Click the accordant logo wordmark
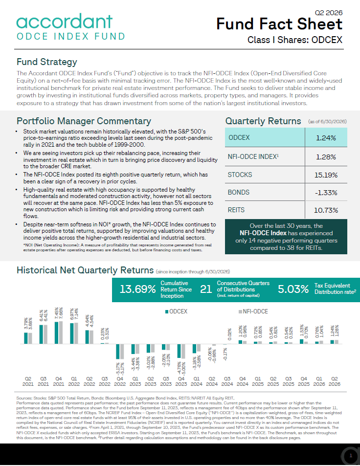[65, 21]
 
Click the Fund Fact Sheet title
[279, 24]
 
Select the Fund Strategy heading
[46, 62]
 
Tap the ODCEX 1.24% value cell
[326, 138]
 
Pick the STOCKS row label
[240, 175]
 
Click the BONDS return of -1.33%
[326, 193]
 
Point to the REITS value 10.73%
[326, 210]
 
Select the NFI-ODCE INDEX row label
[253, 156]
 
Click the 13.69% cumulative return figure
[137, 289]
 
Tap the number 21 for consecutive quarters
[206, 289]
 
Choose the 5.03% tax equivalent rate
[293, 289]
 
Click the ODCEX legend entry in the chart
[176, 311]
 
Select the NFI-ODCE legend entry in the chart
[253, 311]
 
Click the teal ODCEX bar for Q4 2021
[56, 333]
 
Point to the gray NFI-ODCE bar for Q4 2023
[183, 351]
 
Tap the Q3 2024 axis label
[227, 381]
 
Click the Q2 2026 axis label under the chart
[335, 381]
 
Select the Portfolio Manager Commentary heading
[84, 121]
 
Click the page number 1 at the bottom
[351, 455]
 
